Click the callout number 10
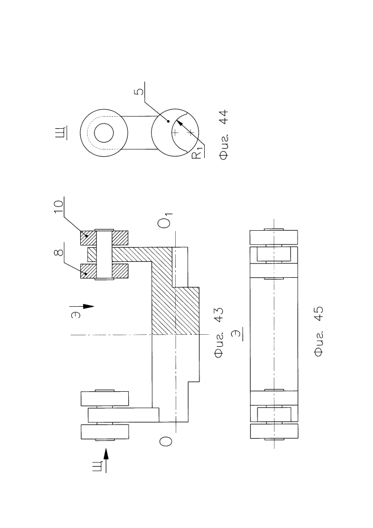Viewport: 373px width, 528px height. (59, 206)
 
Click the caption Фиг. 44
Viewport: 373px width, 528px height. (224, 134)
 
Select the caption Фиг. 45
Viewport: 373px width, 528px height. (318, 332)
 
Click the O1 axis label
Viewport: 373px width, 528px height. (166, 220)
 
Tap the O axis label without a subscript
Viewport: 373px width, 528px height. (166, 441)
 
